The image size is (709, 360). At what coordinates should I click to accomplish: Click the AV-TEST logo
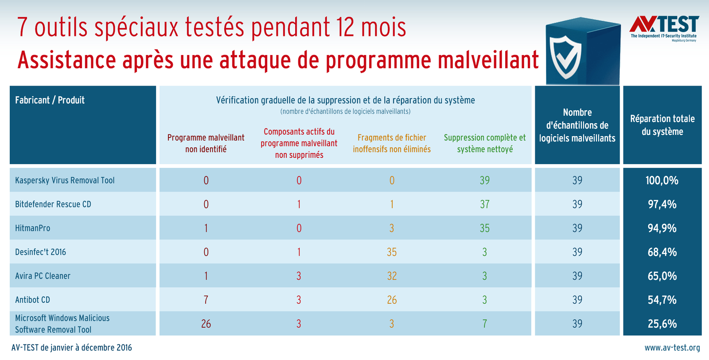click(x=664, y=27)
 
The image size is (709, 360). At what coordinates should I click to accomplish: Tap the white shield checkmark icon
click(x=565, y=57)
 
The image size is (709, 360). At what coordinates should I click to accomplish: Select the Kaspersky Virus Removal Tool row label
click(x=65, y=180)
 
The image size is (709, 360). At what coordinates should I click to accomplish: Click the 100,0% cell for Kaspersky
click(x=662, y=180)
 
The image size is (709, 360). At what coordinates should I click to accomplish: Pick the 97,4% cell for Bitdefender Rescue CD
click(x=662, y=204)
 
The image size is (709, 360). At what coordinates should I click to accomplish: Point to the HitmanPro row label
click(x=33, y=228)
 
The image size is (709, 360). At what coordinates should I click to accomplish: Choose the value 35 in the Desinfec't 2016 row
click(x=392, y=252)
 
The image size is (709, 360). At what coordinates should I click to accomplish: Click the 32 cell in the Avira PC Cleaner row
click(x=392, y=276)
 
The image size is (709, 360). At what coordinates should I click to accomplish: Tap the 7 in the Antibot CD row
click(x=206, y=300)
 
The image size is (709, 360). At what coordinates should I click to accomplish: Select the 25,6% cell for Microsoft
click(x=662, y=324)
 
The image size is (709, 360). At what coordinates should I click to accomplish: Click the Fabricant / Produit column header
click(x=50, y=100)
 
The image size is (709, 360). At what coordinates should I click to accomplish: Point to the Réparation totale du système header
click(x=662, y=125)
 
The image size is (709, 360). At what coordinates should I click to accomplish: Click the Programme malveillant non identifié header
click(x=206, y=143)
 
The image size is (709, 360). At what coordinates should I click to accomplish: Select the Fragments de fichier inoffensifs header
click(x=392, y=143)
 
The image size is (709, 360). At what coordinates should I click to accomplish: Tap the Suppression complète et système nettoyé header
click(x=485, y=143)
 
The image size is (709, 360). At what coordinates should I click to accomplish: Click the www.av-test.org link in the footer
click(x=672, y=348)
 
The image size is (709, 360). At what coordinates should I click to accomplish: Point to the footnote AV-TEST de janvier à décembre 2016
click(x=72, y=348)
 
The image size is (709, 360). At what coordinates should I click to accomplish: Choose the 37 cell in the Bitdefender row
click(x=485, y=204)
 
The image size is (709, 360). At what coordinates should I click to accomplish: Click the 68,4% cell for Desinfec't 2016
click(x=662, y=252)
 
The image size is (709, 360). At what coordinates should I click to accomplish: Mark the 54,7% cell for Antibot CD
click(x=662, y=300)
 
